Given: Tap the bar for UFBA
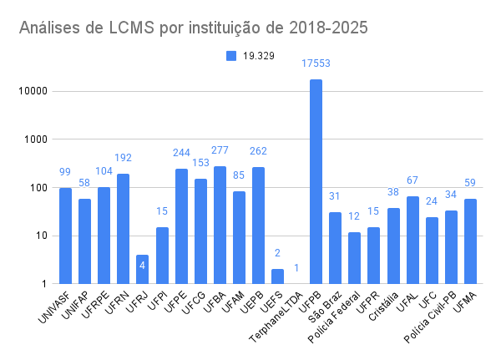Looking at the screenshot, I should pos(220,225).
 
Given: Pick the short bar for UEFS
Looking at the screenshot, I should pos(277,276).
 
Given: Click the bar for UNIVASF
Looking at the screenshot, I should pos(65,236).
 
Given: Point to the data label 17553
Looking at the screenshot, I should pos(316,63).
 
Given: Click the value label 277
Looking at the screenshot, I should pos(220,150).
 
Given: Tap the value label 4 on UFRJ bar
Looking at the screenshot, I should pos(143,266).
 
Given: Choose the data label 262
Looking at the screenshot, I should pos(258,151).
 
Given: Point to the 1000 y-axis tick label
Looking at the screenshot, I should pos(33,139).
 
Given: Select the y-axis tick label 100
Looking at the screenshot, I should pos(36,188).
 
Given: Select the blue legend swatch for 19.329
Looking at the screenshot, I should pos(231,55).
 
